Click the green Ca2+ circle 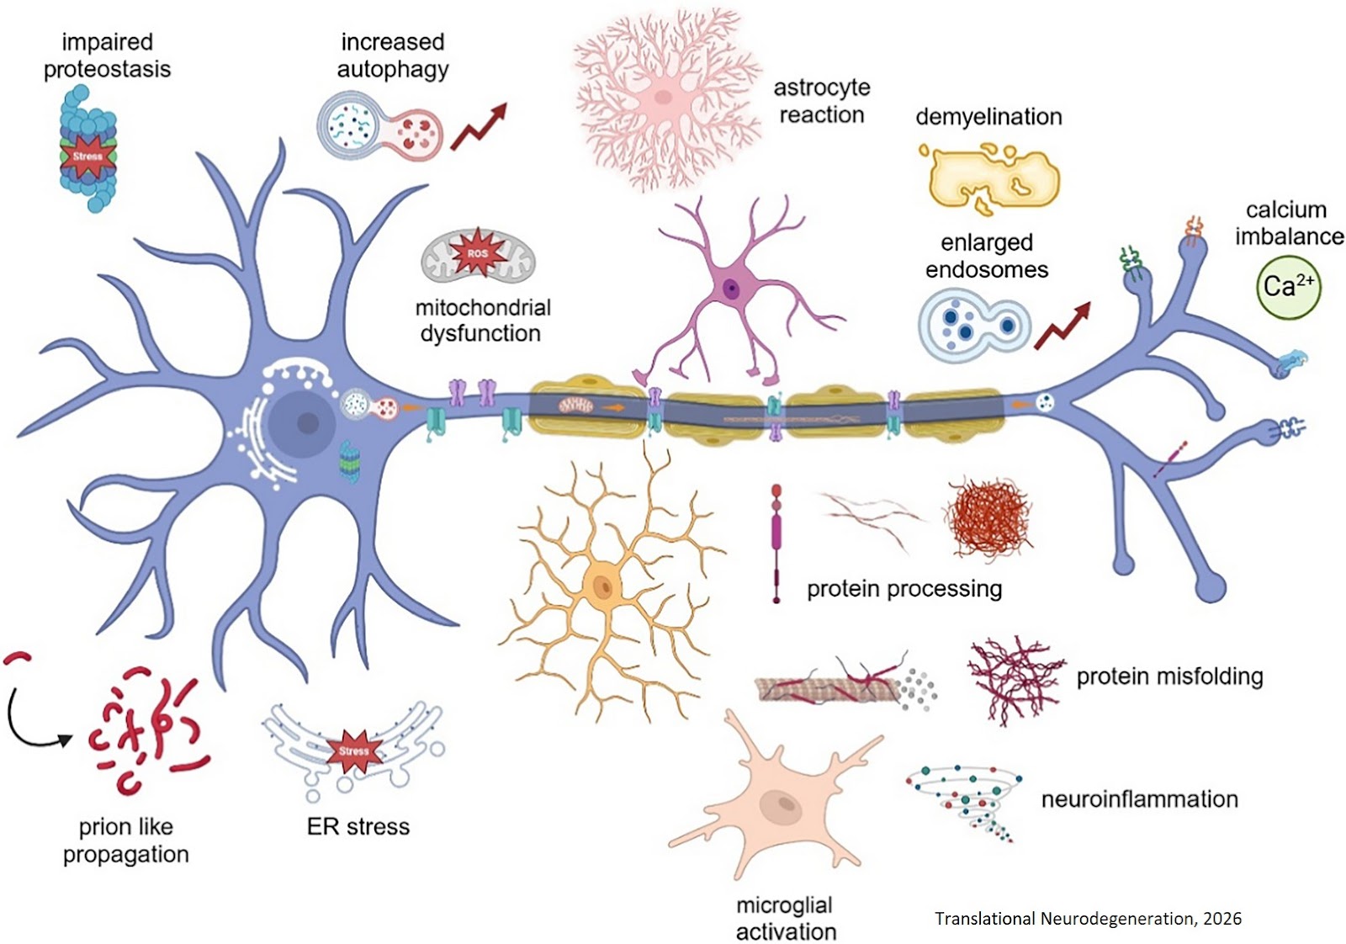click(x=1287, y=287)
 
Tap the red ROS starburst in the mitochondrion click(x=477, y=253)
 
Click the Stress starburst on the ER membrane click(x=353, y=750)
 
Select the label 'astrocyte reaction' click(x=821, y=101)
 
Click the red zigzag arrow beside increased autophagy click(x=479, y=127)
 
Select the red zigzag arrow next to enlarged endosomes click(x=1062, y=326)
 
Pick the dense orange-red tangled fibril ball click(x=988, y=517)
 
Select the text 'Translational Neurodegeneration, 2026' click(x=1087, y=918)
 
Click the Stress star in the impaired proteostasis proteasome click(x=87, y=156)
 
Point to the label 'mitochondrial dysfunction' click(x=482, y=321)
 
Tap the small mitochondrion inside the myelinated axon click(x=576, y=406)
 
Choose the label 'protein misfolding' click(x=1169, y=676)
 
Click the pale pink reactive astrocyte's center click(x=664, y=97)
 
